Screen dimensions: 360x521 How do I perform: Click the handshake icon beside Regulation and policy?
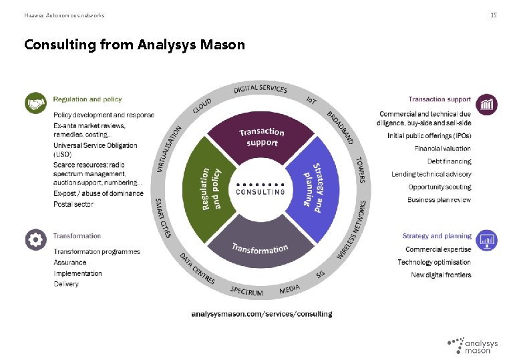(35, 103)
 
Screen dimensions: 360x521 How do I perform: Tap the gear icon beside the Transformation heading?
(35, 239)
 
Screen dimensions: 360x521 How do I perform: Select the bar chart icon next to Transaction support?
(487, 103)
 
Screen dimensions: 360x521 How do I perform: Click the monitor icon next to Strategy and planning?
(487, 239)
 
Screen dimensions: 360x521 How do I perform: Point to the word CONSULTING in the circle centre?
(260, 192)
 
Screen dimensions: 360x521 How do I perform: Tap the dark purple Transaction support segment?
(261, 139)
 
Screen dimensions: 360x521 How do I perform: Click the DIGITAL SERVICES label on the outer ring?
(260, 89)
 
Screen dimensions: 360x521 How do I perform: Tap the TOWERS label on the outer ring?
(360, 171)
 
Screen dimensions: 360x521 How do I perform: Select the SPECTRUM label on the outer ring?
(246, 291)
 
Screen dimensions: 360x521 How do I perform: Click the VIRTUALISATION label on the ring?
(169, 149)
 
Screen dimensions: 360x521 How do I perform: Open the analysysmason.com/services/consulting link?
(261, 313)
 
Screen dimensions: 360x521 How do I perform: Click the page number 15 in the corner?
(493, 15)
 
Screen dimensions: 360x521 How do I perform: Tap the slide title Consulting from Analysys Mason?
(134, 45)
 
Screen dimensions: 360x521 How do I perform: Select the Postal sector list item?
(73, 204)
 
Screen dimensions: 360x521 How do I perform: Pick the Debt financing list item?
(449, 161)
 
